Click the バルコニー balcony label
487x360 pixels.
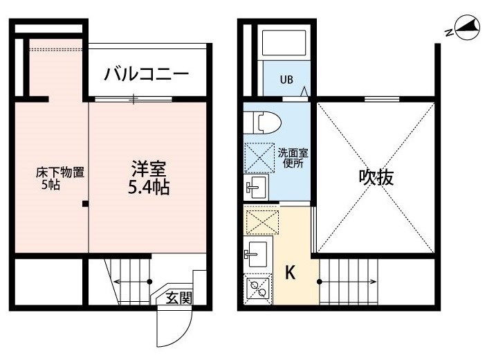pyautogui.click(x=146, y=75)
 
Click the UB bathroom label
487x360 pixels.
pyautogui.click(x=286, y=80)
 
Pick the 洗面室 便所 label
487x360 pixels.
pyautogui.click(x=293, y=158)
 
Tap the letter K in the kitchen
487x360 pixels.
pyautogui.click(x=290, y=273)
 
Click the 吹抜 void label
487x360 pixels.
pyautogui.click(x=376, y=177)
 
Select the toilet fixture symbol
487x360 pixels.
pyautogui.click(x=262, y=123)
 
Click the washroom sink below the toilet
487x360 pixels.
pyautogui.click(x=256, y=187)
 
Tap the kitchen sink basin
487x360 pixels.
pyautogui.click(x=256, y=254)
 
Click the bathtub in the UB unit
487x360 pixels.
pyautogui.click(x=284, y=43)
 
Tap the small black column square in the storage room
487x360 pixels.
pyautogui.click(x=85, y=204)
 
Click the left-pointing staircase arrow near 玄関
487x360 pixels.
pyautogui.click(x=133, y=282)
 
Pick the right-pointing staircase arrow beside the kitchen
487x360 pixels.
pyautogui.click(x=347, y=282)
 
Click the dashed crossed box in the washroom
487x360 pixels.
pyautogui.click(x=259, y=158)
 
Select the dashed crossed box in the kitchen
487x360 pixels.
pyautogui.click(x=262, y=222)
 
